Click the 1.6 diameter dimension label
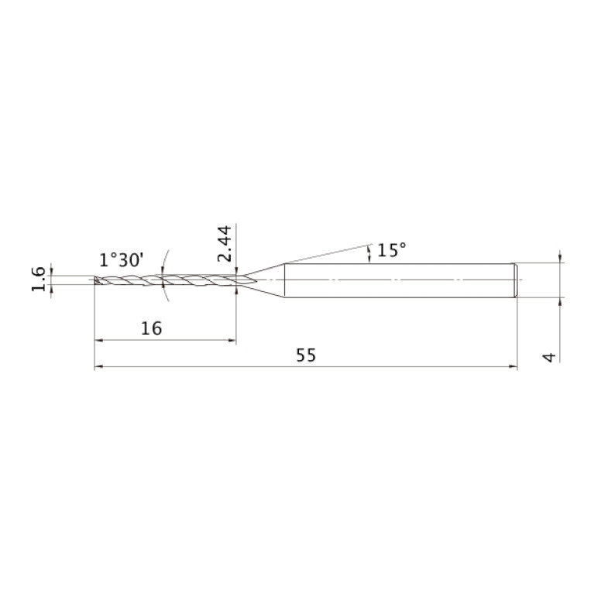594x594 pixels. coord(38,280)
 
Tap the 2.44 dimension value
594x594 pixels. coord(225,243)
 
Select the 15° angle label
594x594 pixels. coord(392,250)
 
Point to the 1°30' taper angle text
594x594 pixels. coord(122,260)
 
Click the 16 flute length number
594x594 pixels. coord(152,328)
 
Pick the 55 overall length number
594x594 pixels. coord(306,355)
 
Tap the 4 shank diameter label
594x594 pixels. coord(549,357)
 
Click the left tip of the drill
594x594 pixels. coord(94,280)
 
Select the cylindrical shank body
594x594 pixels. coord(399,280)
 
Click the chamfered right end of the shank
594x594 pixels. coord(516,280)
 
